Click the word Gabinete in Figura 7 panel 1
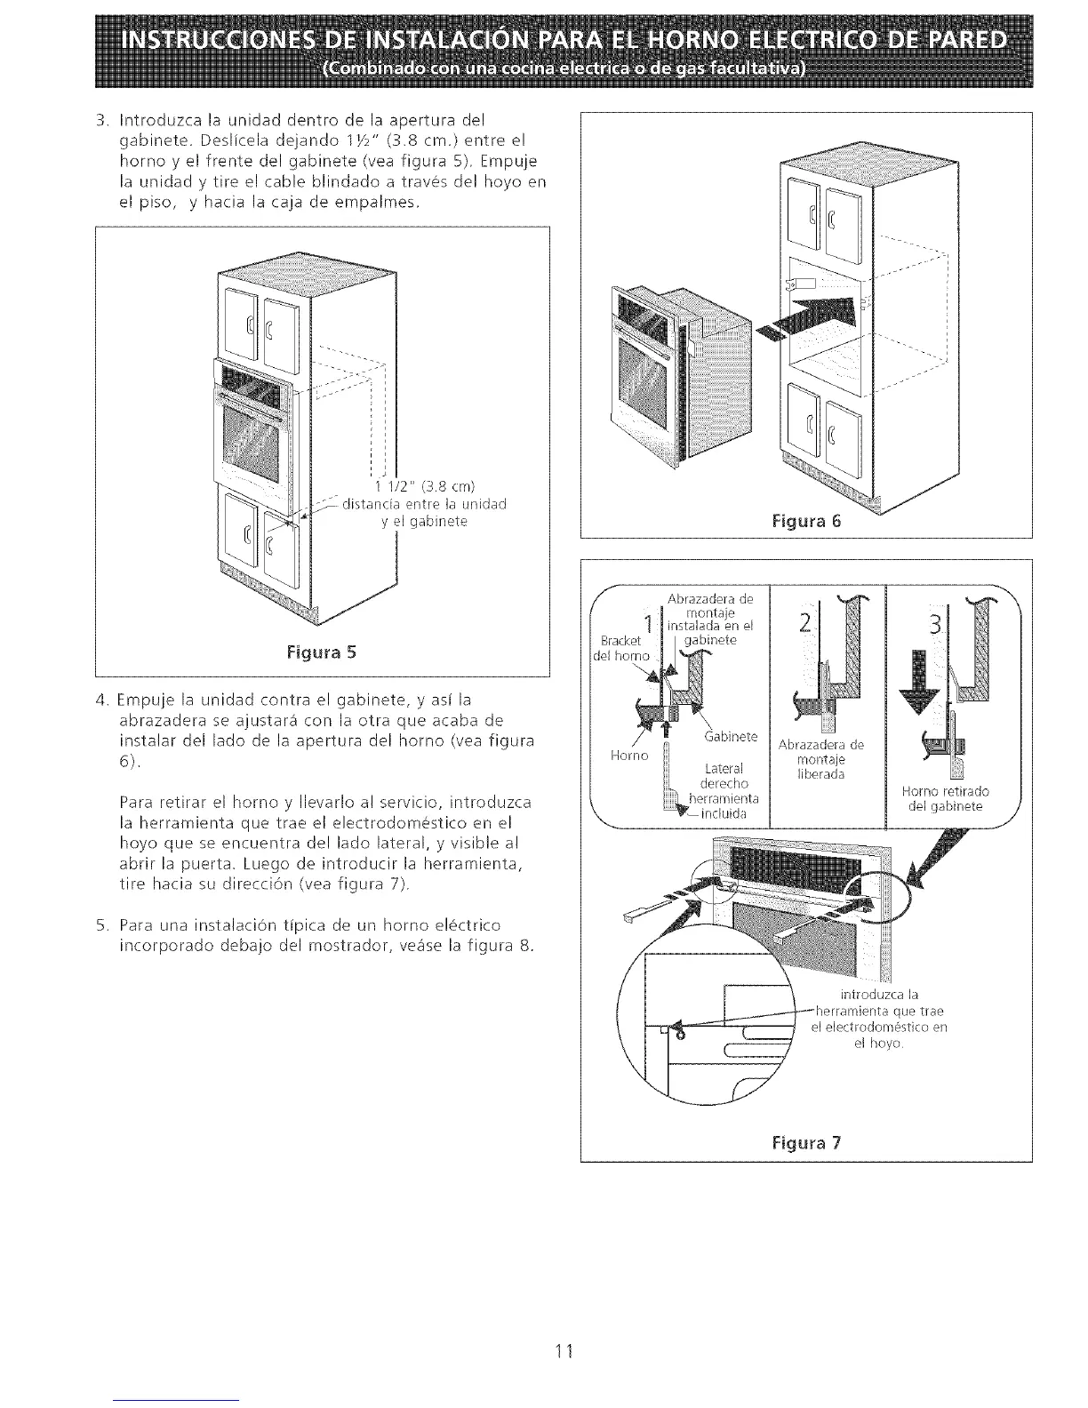731,737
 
